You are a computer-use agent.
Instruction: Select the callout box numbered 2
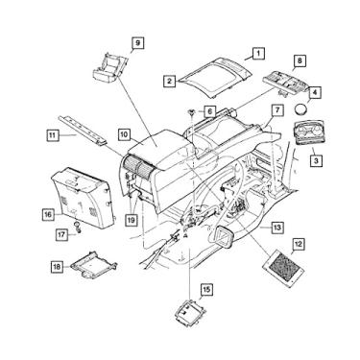(170, 83)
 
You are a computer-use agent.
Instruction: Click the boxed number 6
(210, 112)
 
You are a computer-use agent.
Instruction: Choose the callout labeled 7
(276, 112)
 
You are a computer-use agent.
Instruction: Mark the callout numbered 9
(137, 42)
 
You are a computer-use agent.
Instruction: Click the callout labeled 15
(205, 288)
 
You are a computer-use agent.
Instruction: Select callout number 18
(57, 265)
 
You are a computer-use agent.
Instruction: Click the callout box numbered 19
(132, 219)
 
